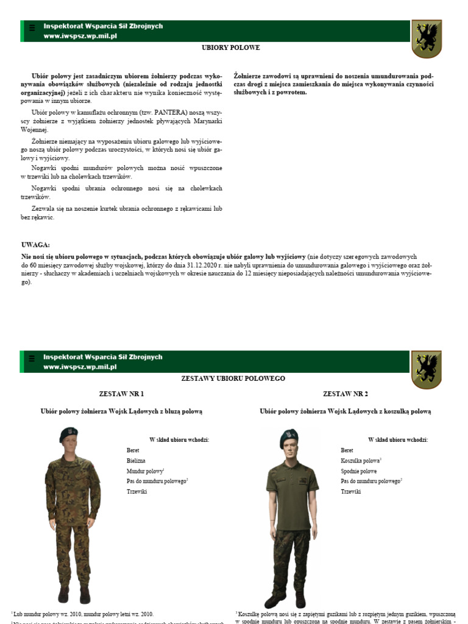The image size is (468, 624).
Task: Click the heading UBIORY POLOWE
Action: point(231,47)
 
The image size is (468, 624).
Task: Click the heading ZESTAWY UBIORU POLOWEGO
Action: point(233,378)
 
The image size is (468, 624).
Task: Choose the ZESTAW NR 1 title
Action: point(121,394)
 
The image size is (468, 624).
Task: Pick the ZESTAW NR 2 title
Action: point(345,394)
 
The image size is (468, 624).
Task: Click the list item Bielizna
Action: point(136,461)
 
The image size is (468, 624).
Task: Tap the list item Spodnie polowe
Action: point(358,471)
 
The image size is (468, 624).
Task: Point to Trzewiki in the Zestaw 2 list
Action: point(350,491)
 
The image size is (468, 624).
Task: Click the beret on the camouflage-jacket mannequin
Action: point(68,435)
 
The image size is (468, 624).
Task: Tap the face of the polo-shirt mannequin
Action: point(289,450)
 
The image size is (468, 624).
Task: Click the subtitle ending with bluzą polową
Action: point(121,411)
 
